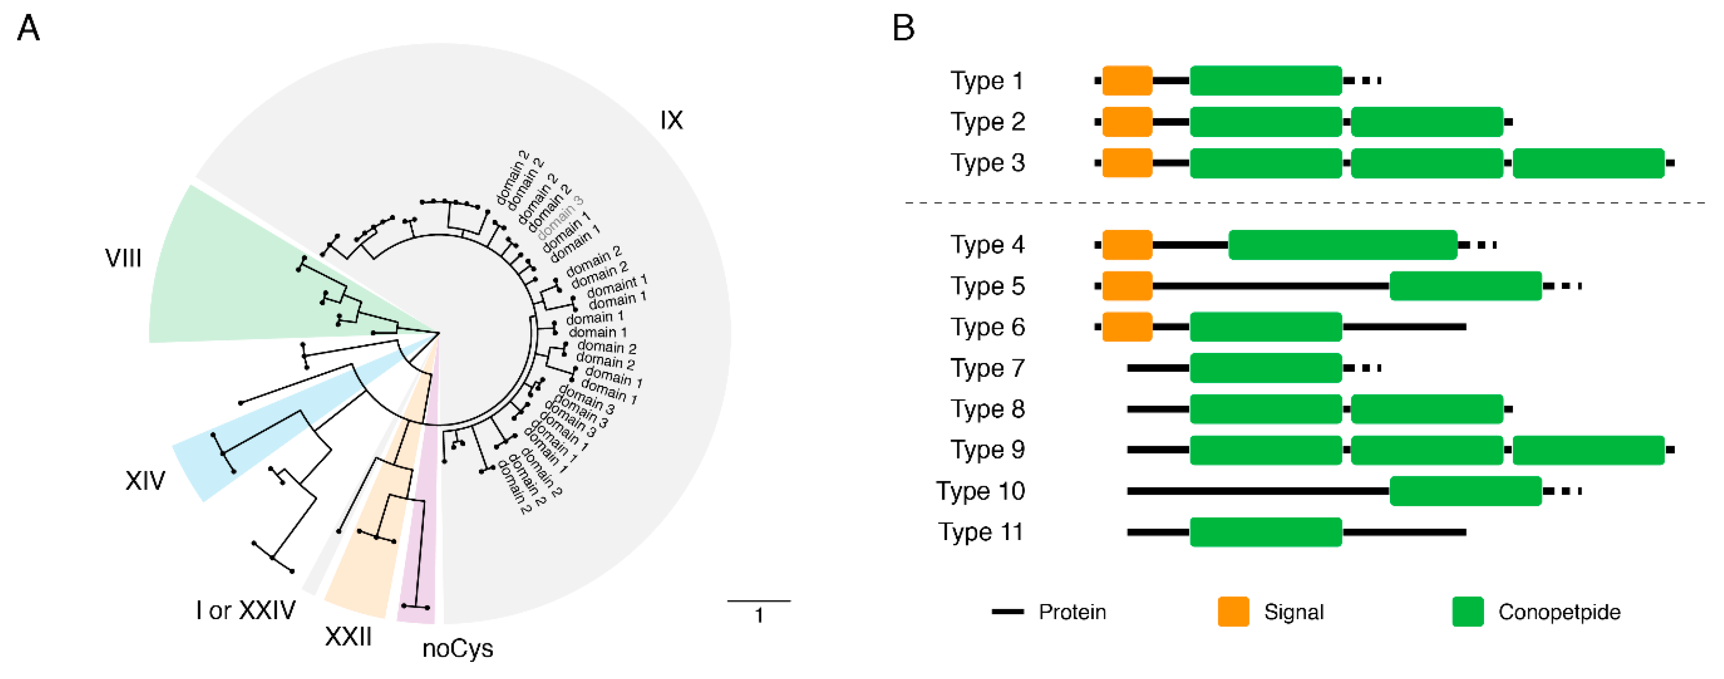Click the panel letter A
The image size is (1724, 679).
point(28,28)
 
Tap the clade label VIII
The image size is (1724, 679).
point(123,259)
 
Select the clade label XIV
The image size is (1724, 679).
point(145,481)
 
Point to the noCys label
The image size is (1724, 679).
point(458,648)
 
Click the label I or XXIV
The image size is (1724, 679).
point(245,610)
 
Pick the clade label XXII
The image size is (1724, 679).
point(348,636)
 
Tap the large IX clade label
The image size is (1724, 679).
point(671,121)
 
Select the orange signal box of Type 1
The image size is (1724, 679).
point(1127,81)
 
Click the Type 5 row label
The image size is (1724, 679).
point(987,286)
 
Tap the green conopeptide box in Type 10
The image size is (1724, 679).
point(1466,491)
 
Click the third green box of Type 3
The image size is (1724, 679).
point(1588,163)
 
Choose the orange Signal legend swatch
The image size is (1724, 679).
point(1233,611)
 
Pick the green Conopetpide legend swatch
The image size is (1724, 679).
point(1468,611)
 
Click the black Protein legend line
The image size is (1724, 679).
point(1007,611)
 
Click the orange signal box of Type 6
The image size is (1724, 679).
point(1127,327)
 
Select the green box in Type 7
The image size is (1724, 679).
point(1266,368)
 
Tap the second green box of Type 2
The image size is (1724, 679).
point(1427,122)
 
